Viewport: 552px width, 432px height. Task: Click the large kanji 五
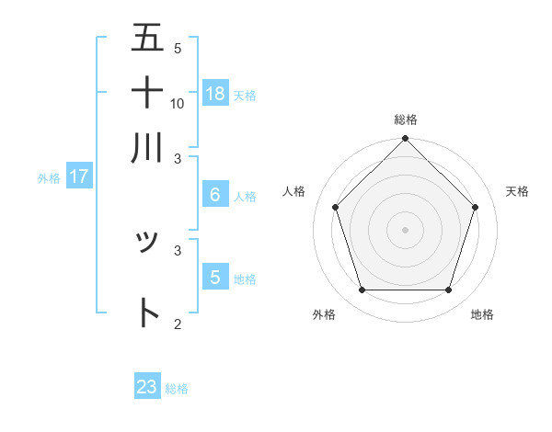147,39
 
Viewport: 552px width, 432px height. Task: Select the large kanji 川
147,146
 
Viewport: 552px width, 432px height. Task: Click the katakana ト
147,313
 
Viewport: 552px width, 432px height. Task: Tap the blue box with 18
215,93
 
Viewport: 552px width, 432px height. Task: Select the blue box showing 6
215,195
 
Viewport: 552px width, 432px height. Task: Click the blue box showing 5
215,277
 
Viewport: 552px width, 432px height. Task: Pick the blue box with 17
78,176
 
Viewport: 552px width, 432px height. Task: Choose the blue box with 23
147,387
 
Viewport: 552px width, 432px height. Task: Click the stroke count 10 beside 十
178,103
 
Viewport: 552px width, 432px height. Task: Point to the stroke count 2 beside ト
178,324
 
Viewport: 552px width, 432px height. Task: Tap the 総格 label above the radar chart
406,119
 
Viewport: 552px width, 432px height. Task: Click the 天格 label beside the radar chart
517,191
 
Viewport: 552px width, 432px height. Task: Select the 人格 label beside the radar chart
294,191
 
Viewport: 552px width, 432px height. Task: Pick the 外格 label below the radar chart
324,314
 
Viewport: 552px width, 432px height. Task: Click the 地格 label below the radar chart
482,314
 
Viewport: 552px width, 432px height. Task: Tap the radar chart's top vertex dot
405,140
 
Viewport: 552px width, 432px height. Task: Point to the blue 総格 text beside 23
177,389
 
